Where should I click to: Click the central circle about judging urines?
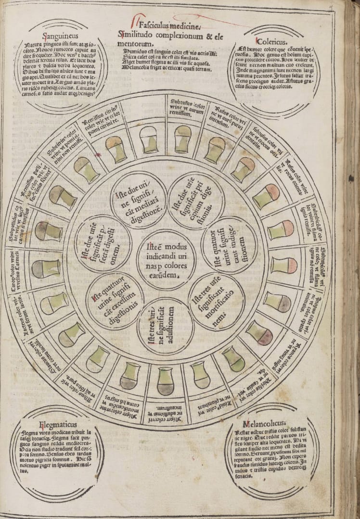click(166, 260)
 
